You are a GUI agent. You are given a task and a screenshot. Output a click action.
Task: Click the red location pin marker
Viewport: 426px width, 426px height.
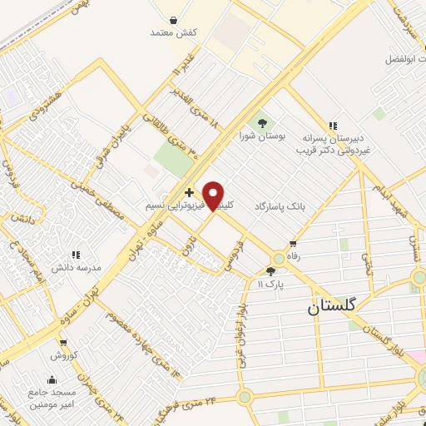214,196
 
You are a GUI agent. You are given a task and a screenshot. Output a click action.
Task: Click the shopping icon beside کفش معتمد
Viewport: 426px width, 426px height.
173,20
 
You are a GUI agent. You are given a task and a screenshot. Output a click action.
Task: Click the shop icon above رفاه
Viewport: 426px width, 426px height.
292,244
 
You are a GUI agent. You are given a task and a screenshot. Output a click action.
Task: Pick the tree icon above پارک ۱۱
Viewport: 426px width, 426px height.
270,271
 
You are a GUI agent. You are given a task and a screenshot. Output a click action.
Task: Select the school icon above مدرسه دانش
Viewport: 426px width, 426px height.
76,255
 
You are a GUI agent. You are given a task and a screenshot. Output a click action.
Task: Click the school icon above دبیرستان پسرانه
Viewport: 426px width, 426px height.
333,126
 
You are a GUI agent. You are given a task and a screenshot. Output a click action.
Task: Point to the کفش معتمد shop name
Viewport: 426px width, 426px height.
173,32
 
